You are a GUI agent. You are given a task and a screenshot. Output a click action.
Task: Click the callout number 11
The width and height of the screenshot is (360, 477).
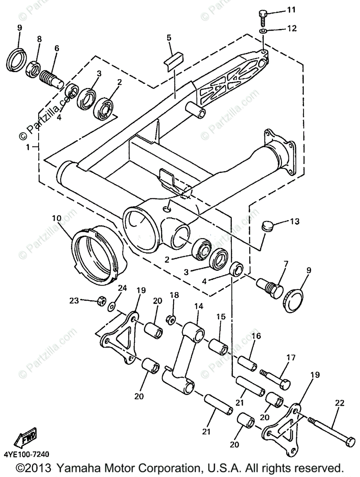coord(291,10)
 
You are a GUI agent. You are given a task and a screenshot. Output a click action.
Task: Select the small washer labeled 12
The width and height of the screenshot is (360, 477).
coord(263,31)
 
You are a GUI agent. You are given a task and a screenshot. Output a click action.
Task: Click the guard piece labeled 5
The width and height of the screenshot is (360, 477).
coord(174,61)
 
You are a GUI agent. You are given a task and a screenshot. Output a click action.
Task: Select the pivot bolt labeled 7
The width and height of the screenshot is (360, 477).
coord(270,288)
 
